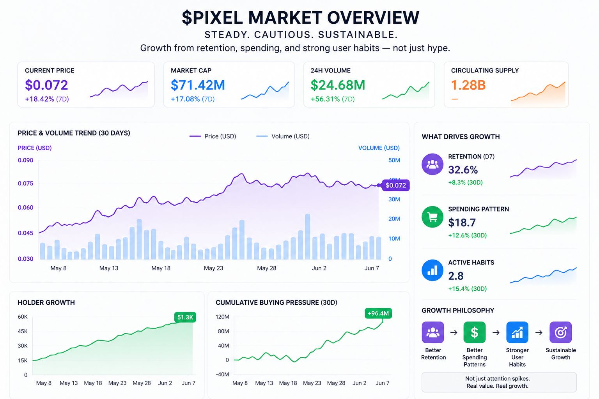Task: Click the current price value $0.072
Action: point(46,85)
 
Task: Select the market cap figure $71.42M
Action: point(198,85)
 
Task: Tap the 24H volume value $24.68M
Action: point(338,85)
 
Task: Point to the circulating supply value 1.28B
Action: point(468,85)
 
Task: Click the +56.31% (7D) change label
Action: point(332,99)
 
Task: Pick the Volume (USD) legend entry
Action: point(283,136)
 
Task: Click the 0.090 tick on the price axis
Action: point(25,160)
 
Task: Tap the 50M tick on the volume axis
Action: point(394,160)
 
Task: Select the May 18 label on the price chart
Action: point(161,268)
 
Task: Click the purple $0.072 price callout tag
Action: point(395,185)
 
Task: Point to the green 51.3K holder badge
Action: point(185,317)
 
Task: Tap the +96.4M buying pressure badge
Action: point(378,313)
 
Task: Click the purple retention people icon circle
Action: point(432,164)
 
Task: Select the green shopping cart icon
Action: point(432,217)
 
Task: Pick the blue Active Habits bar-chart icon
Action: point(432,270)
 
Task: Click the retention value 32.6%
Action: point(463,170)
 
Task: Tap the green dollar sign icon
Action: point(474,332)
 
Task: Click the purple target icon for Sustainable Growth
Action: point(560,332)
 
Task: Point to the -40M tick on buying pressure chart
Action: point(222,374)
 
